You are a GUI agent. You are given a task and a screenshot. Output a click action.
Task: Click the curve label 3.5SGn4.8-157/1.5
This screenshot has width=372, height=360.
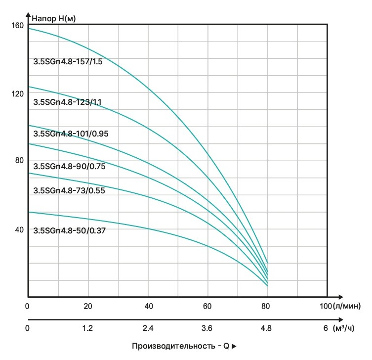point(68,62)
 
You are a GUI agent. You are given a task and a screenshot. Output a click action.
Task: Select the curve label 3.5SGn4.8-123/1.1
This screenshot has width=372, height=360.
point(67,102)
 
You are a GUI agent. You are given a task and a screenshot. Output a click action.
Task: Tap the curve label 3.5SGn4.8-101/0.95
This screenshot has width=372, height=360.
point(71,134)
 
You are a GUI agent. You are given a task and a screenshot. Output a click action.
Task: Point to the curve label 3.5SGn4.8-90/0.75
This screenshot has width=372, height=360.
point(69,166)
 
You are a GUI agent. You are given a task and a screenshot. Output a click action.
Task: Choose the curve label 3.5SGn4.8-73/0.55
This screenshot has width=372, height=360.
point(69,190)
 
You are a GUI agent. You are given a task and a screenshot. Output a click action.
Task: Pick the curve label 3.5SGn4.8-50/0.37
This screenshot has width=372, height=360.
point(69,230)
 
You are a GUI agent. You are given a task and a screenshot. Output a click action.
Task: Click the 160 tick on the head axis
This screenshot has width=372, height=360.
point(18,25)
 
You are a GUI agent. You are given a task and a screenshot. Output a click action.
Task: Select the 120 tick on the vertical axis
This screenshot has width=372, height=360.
point(18,93)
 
